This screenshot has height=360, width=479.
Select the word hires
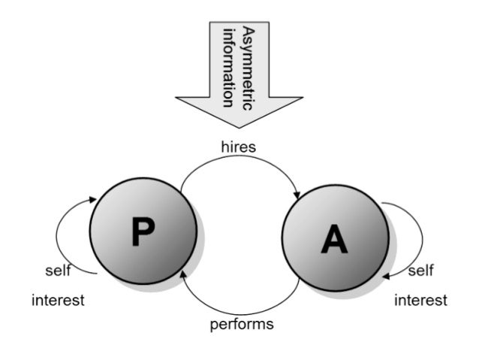coord(239,147)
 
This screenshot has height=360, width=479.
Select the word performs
coord(240,325)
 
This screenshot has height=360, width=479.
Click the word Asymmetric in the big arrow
coord(248,63)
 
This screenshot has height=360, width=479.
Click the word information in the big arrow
coord(230,63)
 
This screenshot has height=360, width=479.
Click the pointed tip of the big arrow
coord(239,127)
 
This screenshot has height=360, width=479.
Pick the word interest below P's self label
coord(58,300)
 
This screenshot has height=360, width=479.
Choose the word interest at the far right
coord(420,300)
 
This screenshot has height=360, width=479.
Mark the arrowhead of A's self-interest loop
coord(386,275)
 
